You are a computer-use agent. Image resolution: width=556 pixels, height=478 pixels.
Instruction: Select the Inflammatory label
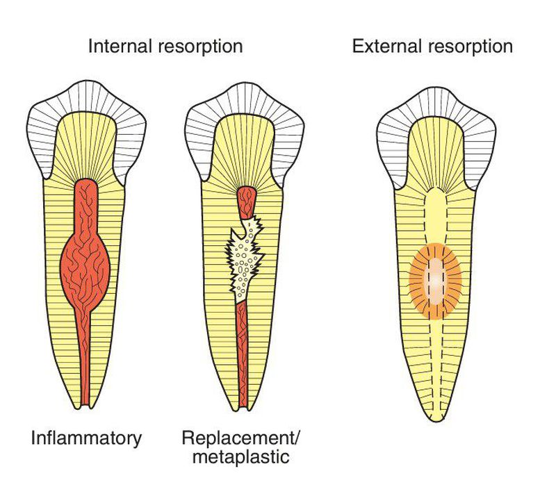86,438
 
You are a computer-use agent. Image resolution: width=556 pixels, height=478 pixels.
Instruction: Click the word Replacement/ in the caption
236,438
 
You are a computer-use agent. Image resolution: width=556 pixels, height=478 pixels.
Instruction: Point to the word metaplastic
236,457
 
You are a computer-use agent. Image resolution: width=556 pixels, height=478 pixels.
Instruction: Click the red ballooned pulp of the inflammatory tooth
86,261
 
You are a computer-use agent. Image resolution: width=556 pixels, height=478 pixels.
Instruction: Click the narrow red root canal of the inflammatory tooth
86,361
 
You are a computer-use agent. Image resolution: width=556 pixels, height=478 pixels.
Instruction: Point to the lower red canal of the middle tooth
242,347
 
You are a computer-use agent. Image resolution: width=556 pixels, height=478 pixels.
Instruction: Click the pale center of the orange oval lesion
435,281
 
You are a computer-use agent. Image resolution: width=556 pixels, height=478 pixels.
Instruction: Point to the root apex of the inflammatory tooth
86,404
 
